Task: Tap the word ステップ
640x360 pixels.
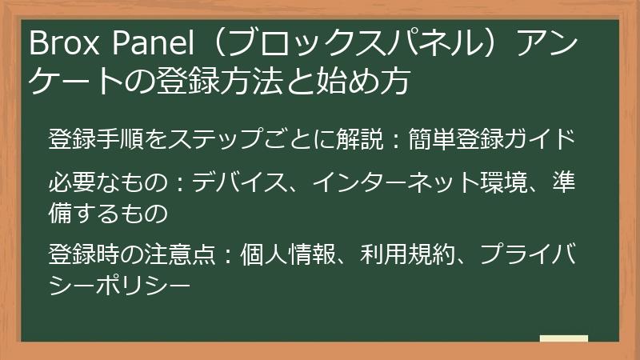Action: tap(218, 138)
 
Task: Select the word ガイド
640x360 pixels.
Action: tap(546, 138)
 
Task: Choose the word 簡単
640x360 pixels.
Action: tap(441, 138)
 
